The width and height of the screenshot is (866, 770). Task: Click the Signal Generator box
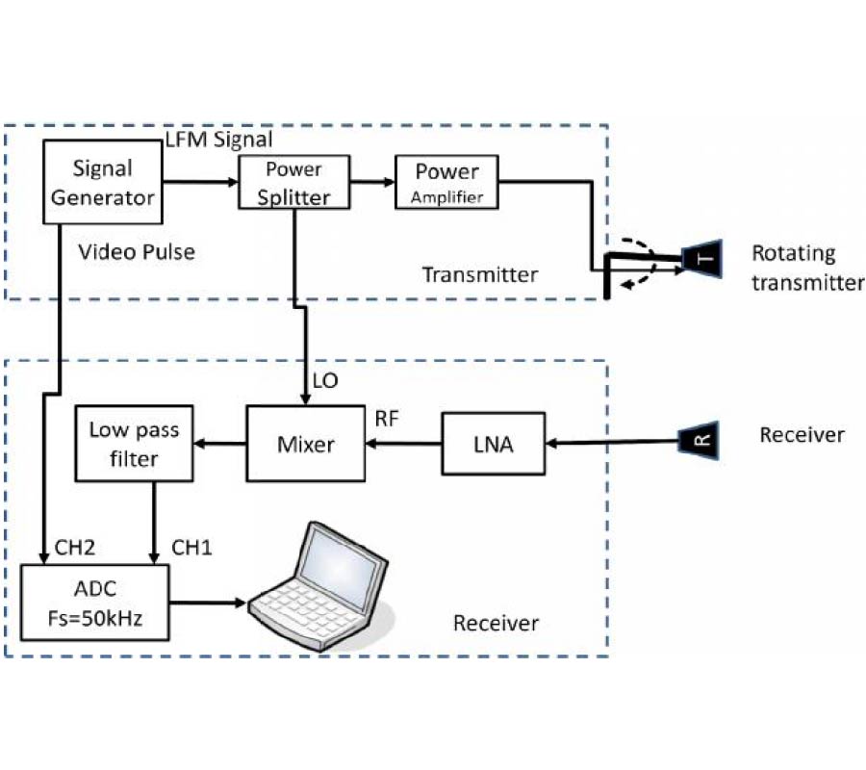(102, 183)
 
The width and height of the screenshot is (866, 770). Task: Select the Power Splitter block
(293, 183)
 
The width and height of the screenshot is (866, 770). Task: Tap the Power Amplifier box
(446, 183)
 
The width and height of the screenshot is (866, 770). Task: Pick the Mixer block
(306, 445)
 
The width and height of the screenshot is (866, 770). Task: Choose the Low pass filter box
(135, 445)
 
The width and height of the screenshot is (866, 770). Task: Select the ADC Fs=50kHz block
(95, 603)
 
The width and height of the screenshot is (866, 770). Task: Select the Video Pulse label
(137, 252)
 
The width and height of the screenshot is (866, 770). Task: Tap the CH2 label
(69, 547)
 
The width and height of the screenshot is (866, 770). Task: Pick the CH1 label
(192, 547)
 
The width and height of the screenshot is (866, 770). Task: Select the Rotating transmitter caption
(806, 268)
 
